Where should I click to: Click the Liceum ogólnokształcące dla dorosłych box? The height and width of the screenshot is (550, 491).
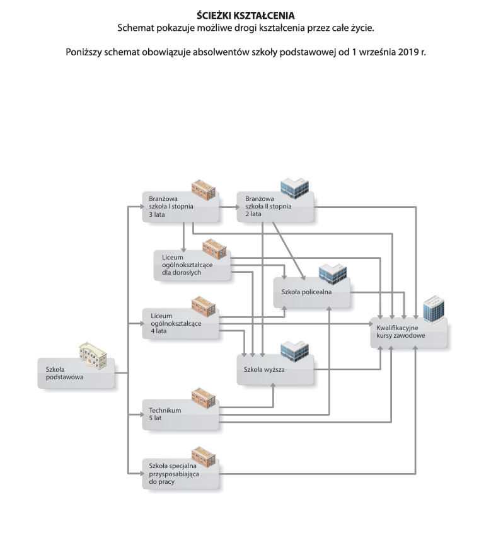[192, 265]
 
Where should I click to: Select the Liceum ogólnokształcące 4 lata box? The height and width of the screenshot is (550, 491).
[180, 323]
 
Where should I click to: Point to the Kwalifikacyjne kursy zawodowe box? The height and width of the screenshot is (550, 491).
[408, 333]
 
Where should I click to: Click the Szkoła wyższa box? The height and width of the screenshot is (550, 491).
[275, 370]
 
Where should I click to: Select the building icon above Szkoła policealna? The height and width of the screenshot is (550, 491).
[332, 275]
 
